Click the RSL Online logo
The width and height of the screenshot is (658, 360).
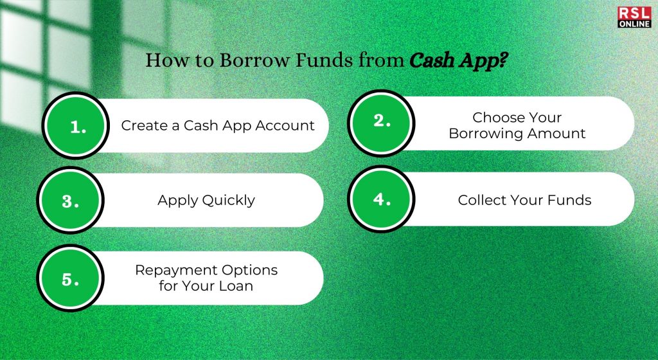click(x=634, y=17)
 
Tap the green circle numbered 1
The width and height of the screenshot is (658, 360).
click(x=76, y=125)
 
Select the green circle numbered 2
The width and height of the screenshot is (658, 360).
click(x=381, y=123)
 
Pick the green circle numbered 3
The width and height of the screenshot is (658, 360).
click(x=70, y=200)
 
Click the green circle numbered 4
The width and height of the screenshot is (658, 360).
click(x=381, y=199)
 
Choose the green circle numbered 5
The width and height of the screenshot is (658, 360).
click(x=70, y=278)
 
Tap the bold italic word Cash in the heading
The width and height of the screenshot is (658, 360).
click(x=431, y=60)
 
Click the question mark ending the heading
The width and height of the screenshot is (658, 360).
click(x=502, y=60)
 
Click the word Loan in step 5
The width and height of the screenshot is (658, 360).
click(x=238, y=286)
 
